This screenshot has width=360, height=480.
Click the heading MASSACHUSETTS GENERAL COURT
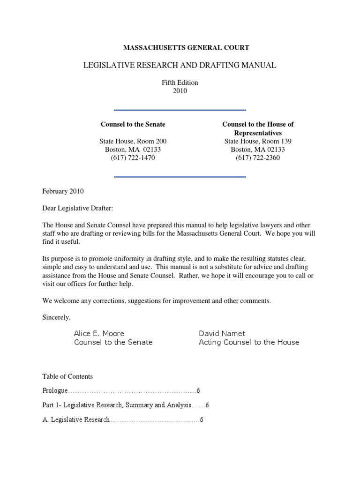[x=186, y=47]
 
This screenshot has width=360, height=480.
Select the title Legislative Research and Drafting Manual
[x=180, y=65]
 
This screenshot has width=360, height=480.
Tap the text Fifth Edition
[x=180, y=82]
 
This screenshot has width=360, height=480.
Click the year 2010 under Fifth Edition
[x=180, y=91]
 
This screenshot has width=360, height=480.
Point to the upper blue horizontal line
[x=180, y=110]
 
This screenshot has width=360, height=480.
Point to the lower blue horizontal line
[x=180, y=177]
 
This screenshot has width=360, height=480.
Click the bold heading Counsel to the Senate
[x=133, y=124]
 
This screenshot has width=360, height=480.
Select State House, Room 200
[x=133, y=141]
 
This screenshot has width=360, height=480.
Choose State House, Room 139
[x=258, y=141]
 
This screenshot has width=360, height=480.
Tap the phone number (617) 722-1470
[x=133, y=158]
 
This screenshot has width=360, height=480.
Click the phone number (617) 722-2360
[x=258, y=158]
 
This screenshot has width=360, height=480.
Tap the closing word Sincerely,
[x=56, y=317]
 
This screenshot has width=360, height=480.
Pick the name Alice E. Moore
[x=99, y=333]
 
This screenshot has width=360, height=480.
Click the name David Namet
[x=222, y=333]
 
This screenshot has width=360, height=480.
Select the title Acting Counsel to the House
[x=248, y=342]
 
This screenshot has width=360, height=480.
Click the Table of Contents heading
[x=67, y=376]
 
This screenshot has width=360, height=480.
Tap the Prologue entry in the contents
[x=55, y=390]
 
